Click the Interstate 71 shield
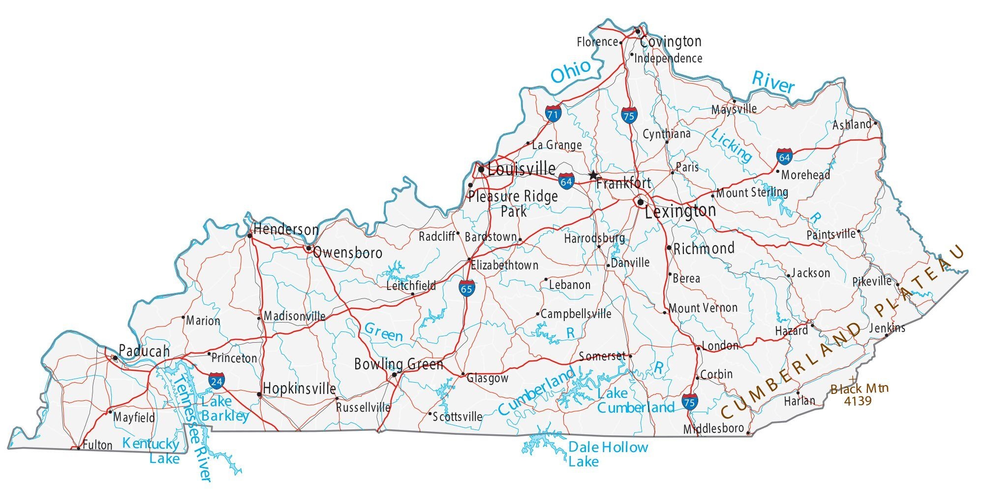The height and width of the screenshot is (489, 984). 553,114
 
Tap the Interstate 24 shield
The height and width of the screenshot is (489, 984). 216,381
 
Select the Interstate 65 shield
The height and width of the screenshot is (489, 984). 466,288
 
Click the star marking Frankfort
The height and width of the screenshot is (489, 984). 593,175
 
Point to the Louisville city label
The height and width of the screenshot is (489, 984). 522,169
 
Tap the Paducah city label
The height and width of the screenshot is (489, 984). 144,351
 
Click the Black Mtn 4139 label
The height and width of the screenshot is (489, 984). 859,394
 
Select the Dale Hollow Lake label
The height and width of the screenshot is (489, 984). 608,454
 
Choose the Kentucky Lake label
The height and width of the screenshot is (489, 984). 151,451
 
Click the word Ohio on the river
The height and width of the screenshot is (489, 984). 571,72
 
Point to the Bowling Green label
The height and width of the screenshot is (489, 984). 399,364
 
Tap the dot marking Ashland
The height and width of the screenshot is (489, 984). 876,123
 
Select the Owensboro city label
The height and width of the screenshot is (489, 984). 347,253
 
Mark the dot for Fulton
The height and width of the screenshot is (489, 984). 79,448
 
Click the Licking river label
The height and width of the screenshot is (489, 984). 732,146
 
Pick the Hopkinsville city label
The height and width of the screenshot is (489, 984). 299,389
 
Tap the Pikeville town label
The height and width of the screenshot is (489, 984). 872,282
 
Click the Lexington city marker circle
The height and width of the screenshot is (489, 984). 641,202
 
